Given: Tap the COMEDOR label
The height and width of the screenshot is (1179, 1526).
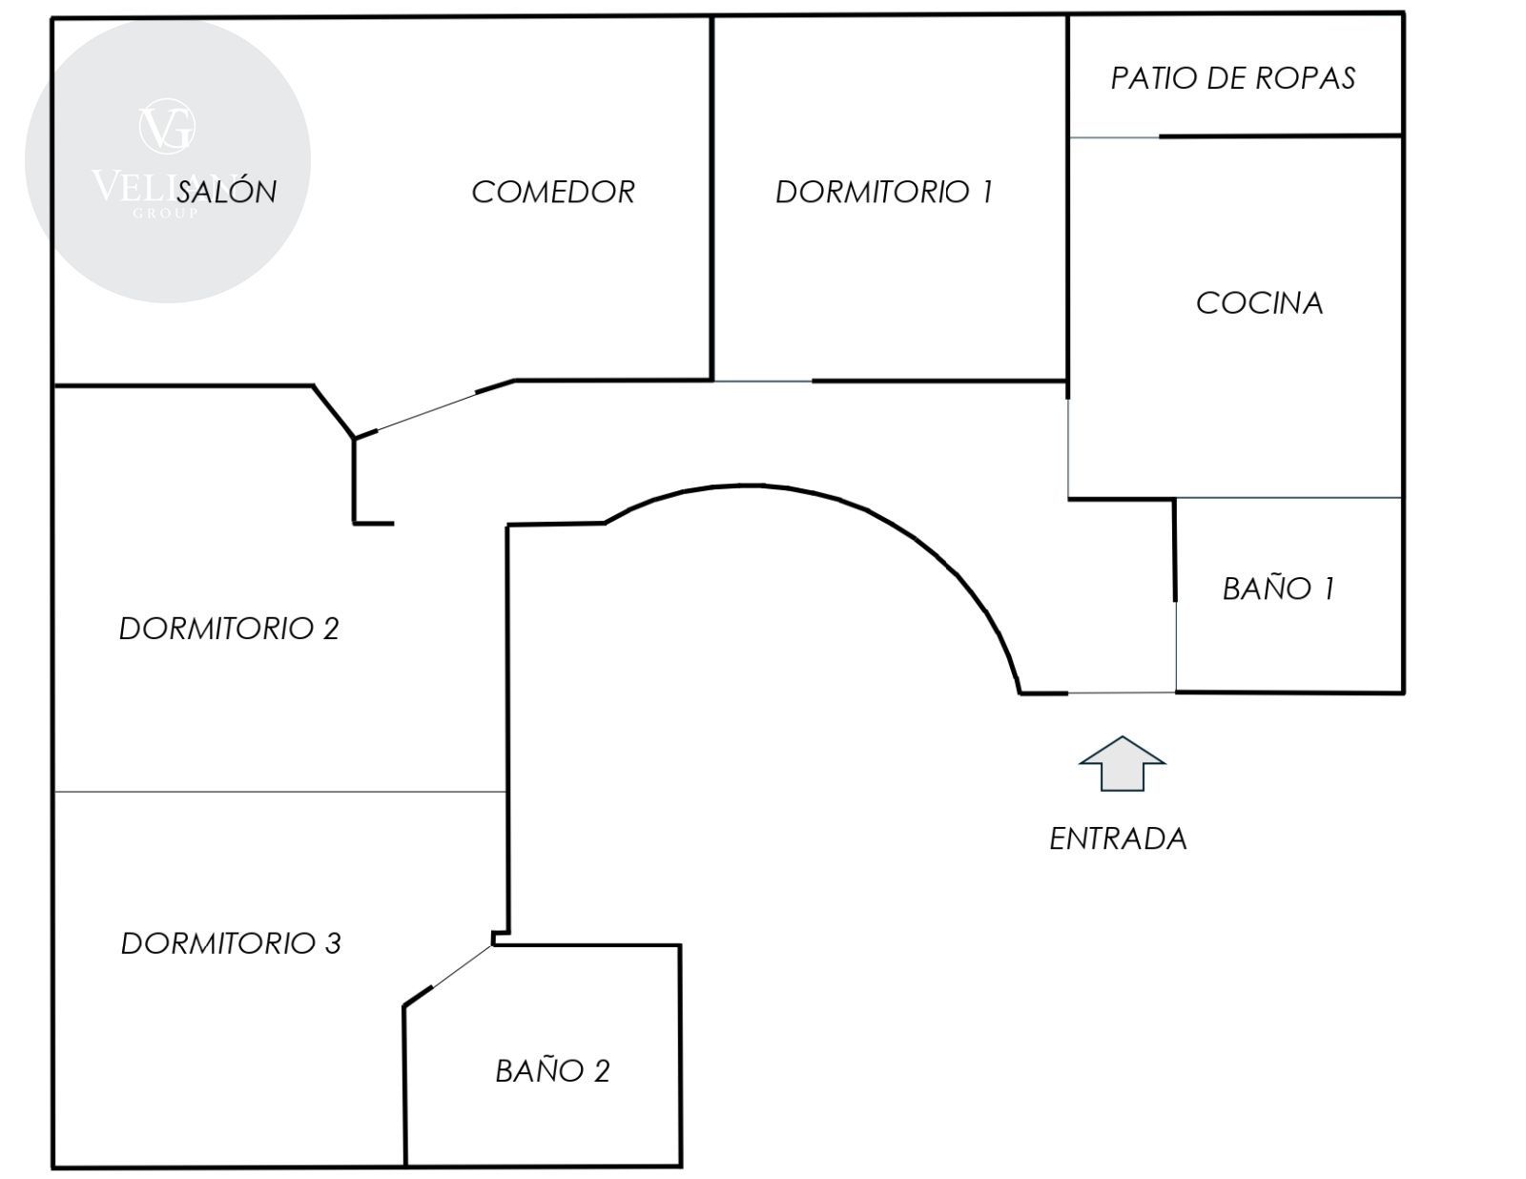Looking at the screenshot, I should click(553, 192).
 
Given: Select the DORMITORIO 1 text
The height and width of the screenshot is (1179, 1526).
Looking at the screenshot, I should click(884, 192).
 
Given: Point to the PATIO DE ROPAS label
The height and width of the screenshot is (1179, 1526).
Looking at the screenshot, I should click(1232, 78).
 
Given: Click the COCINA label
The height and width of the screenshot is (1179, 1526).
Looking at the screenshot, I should click(1259, 303).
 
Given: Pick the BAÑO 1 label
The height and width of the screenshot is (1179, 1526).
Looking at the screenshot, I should click(1278, 589).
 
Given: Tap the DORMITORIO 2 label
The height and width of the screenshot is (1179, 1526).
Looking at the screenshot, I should click(229, 629).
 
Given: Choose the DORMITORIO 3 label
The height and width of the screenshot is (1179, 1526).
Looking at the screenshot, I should click(231, 943).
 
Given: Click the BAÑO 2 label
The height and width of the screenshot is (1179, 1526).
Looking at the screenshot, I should click(552, 1071).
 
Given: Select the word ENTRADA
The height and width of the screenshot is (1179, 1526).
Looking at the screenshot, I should click(1118, 838).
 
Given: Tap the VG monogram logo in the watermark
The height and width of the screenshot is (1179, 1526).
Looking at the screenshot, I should click(167, 128).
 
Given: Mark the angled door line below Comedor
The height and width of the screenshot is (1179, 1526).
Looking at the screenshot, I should click(426, 411).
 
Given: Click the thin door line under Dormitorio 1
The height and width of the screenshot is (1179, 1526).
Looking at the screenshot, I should click(762, 382).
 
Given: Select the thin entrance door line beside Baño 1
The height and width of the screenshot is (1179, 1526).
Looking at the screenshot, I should click(1122, 693).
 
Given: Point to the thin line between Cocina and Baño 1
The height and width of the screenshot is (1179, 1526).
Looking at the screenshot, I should click(1288, 497).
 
